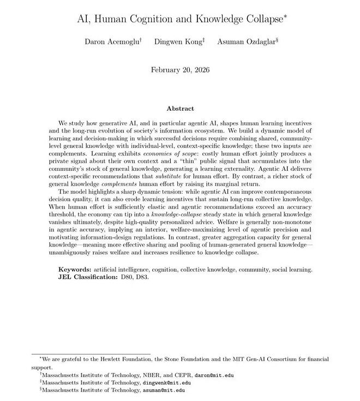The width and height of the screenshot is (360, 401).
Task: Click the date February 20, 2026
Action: (x=179, y=70)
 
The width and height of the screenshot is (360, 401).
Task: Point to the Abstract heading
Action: (x=179, y=109)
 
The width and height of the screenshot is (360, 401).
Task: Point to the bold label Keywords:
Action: (x=75, y=270)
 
